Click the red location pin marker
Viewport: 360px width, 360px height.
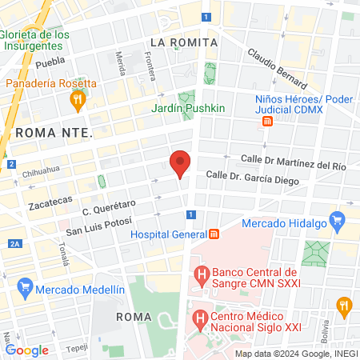pos(180,163)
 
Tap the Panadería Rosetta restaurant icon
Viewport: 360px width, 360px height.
pos(78,100)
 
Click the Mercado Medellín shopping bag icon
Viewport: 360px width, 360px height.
pos(25,287)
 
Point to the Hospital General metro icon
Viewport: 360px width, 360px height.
pos(214,234)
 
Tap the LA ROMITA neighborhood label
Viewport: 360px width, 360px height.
pos(184,41)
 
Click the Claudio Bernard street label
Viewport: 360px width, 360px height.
pos(277,67)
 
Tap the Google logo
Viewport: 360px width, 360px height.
pos(27,350)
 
